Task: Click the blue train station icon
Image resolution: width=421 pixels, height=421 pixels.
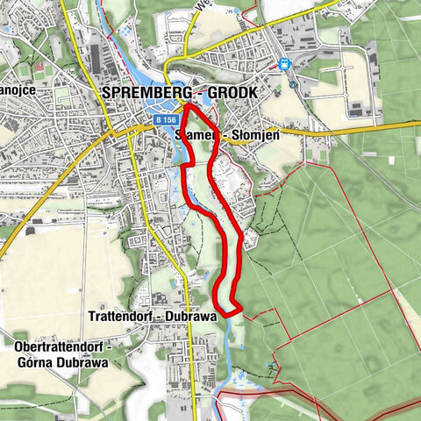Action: pos(284,64)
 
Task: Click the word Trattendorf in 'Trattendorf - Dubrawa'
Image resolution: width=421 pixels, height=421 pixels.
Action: pos(124,317)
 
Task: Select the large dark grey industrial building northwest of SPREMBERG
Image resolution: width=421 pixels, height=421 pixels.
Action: pos(96,58)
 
